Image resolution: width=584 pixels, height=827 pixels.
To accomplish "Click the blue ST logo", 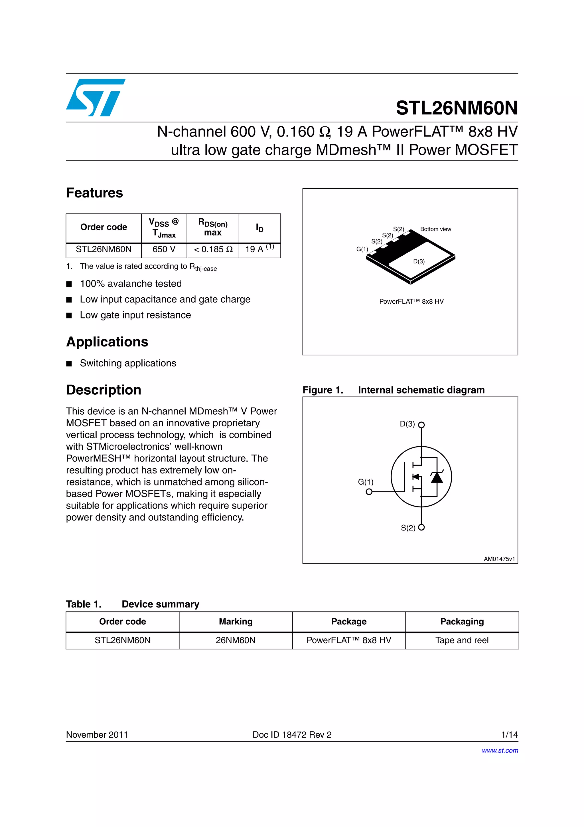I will (95, 97).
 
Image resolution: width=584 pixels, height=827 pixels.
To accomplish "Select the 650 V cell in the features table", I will (164, 249).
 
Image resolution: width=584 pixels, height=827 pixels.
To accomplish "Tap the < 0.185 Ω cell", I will (213, 249).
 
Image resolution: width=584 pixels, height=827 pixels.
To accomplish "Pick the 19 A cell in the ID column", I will (259, 249).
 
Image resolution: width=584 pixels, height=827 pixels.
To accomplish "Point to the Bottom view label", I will (435, 229).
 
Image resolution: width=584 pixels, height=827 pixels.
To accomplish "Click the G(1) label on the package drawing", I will (362, 249).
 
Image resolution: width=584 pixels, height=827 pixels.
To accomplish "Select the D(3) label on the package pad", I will (419, 261).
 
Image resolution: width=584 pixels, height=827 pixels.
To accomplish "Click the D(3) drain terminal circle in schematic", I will (421, 425).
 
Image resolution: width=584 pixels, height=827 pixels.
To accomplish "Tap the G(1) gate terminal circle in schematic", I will (369, 492).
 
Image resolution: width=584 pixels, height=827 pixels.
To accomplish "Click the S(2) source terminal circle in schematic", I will (421, 527).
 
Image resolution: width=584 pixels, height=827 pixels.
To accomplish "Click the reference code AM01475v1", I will (499, 559).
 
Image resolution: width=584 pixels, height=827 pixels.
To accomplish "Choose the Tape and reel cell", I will (462, 640).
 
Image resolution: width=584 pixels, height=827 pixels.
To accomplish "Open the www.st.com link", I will (500, 750).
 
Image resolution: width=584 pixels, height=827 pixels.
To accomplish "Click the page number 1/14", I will (509, 735).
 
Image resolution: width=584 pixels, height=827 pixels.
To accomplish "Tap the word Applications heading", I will (107, 342).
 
